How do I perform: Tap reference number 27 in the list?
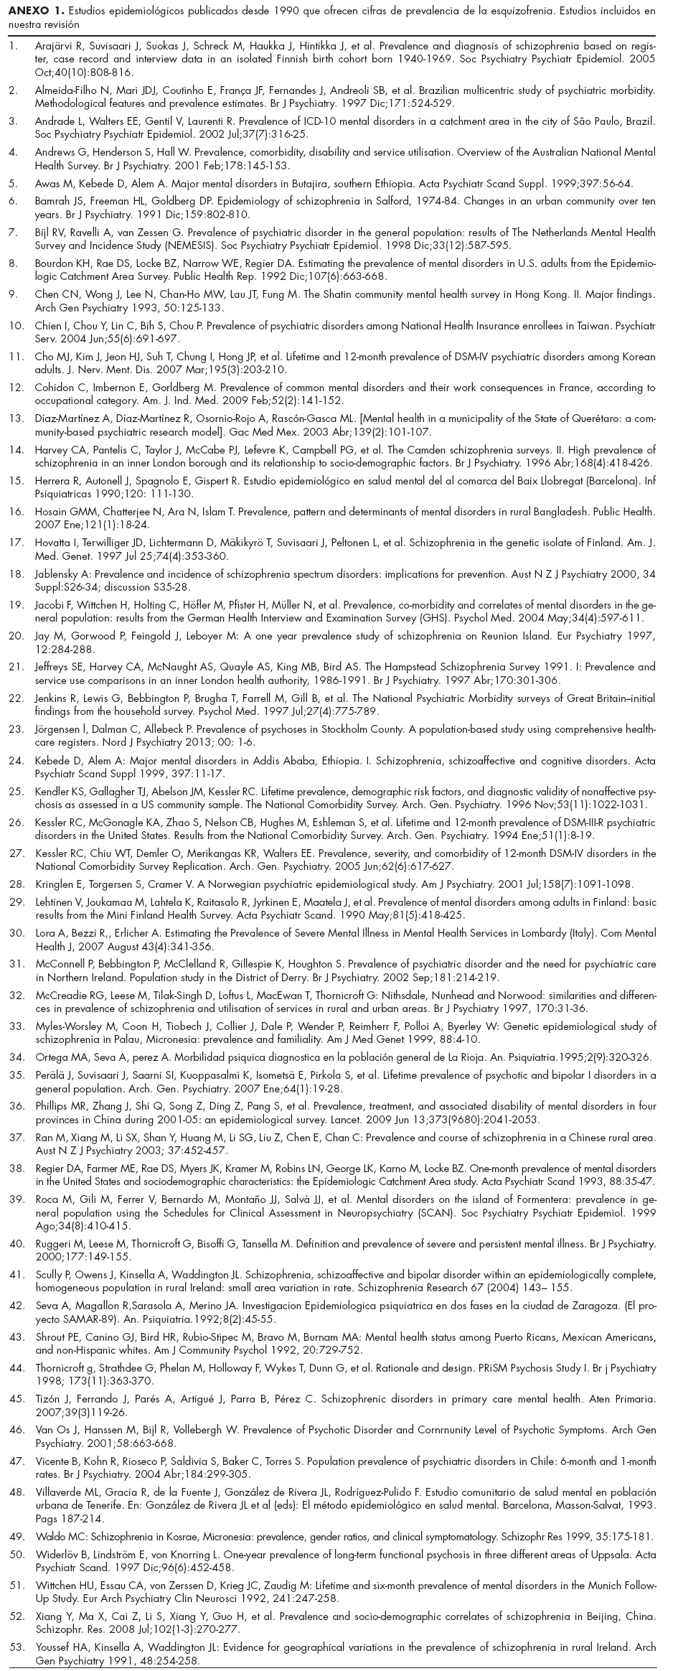[14, 853]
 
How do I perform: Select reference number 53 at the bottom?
[14, 1638]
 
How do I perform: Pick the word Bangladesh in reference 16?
[538, 512]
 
